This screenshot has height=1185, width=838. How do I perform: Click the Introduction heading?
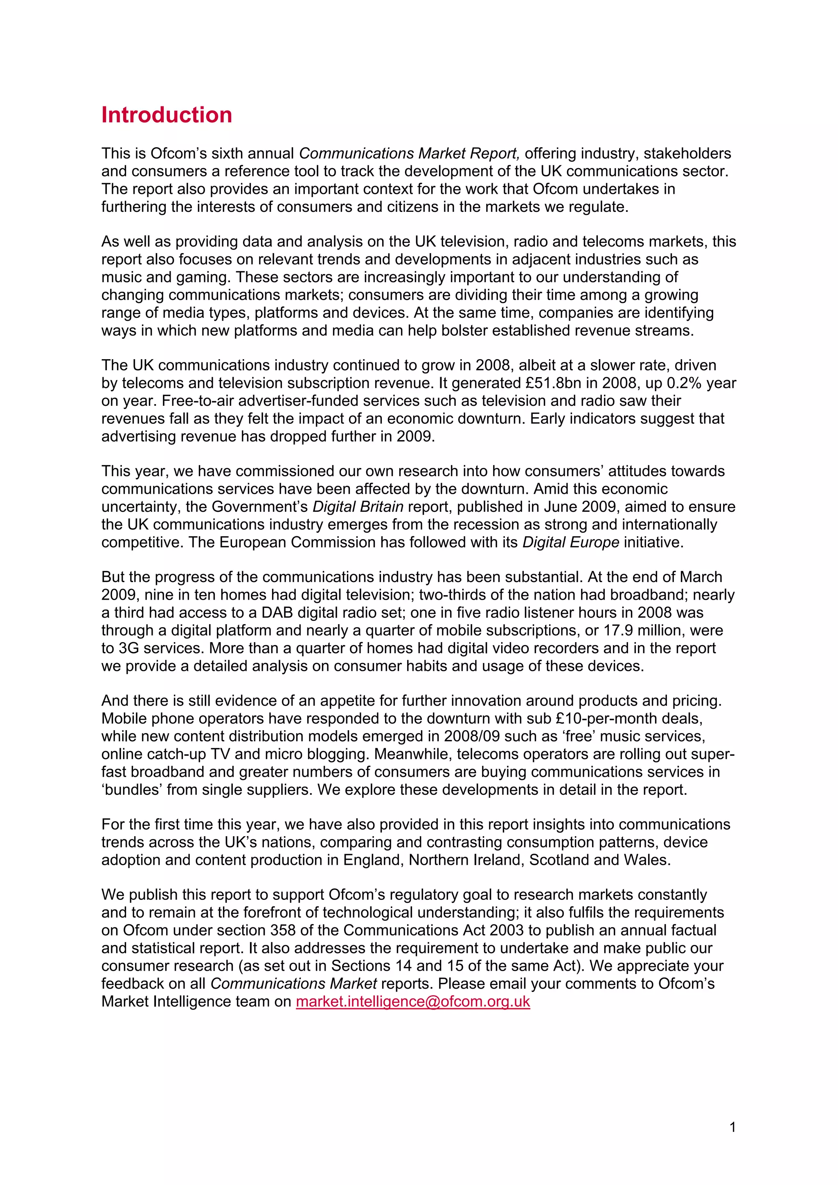(x=166, y=115)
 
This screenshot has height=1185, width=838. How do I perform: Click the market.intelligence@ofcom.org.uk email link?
(x=412, y=1001)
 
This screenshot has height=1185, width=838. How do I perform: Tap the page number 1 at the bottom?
(x=732, y=1127)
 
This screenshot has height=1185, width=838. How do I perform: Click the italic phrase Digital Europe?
(x=570, y=542)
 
